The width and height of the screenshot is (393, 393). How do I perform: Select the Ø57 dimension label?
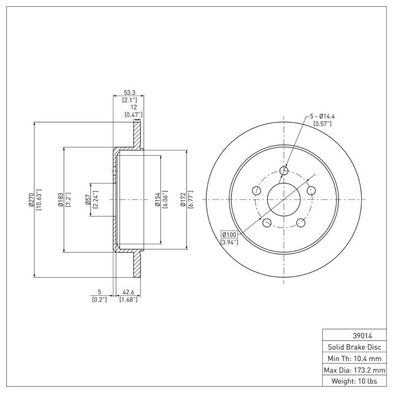coord(87,199)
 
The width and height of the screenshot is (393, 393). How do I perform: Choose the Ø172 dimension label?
coord(183,199)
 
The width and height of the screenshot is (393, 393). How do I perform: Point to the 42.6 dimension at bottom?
coord(128,293)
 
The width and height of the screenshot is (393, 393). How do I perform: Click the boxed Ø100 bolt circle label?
coord(229,235)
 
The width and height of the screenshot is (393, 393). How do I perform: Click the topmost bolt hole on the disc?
coord(284,170)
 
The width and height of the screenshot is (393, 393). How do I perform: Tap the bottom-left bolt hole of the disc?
coord(267,223)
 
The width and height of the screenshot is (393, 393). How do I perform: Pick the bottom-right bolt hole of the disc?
coord(301,223)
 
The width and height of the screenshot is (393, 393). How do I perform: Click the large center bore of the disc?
coord(284,199)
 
